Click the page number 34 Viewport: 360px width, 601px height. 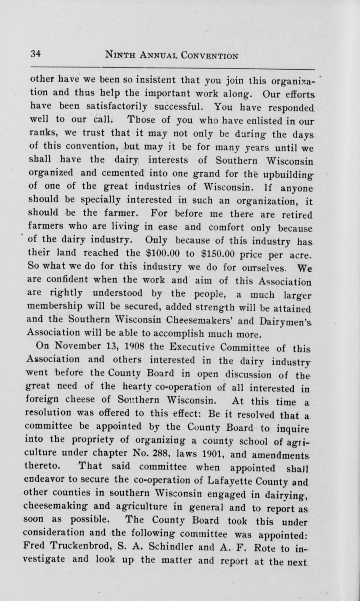coord(35,54)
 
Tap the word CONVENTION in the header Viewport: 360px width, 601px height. coord(208,55)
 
